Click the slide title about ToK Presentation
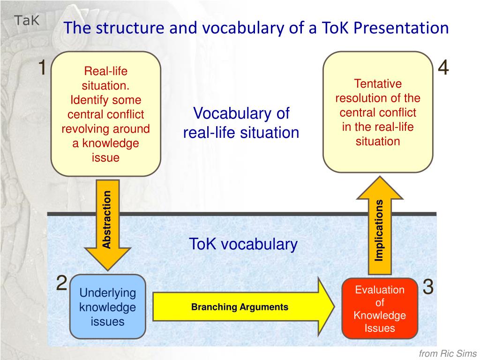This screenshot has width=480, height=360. (256, 28)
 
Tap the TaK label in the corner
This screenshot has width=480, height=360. (27, 20)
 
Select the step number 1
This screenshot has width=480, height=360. (42, 68)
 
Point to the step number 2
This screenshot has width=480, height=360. (61, 283)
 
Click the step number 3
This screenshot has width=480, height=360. (428, 287)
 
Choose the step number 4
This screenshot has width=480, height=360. (443, 68)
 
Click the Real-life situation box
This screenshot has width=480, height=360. (105, 114)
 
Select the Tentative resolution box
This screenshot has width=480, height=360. (377, 112)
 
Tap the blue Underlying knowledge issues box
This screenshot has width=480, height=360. (107, 307)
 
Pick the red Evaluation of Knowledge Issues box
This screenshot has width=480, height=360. (380, 308)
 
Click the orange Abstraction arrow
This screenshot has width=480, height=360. (107, 223)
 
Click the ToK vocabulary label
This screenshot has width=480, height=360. (243, 244)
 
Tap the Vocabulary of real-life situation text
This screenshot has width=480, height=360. (241, 123)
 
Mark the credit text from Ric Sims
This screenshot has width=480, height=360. (448, 354)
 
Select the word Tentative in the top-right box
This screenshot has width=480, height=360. (378, 84)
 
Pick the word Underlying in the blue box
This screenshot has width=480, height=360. (107, 293)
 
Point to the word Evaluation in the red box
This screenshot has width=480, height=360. (380, 290)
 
